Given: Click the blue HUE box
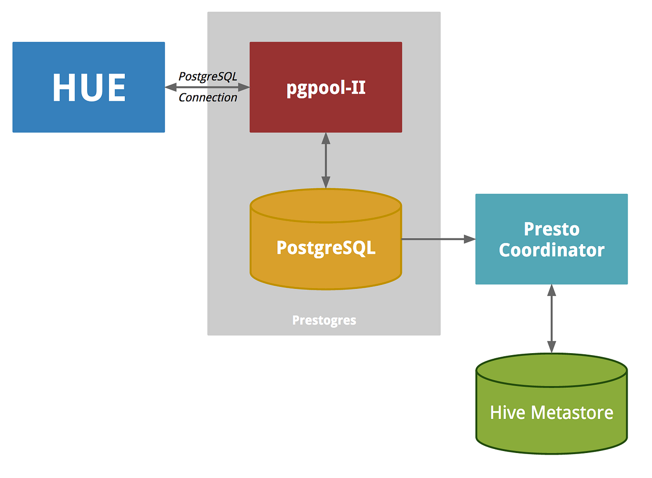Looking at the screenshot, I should coord(89,87).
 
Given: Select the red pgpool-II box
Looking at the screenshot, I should coord(325,87).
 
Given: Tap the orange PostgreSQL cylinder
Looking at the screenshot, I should coord(325,248).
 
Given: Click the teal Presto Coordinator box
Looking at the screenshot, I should coord(551,239).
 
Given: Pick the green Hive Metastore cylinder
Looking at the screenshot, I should coord(551,412).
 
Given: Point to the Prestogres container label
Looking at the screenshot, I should coord(324,320).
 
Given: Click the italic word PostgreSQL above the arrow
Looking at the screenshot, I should coord(207,76).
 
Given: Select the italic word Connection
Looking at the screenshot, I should coord(207,97).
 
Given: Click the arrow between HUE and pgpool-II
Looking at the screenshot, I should coord(207,88).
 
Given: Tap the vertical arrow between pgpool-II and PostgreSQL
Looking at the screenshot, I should coord(325,161).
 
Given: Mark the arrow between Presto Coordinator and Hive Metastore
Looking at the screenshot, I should coord(551,318).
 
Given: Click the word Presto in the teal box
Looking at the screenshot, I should coord(551,229).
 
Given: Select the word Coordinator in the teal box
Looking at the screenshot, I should coord(551,250).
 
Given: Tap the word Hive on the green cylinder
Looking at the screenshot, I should coord(507,412).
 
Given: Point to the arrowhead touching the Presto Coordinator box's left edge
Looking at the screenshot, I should coord(470,238).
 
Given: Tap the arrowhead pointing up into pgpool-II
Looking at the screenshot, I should coord(325,138).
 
